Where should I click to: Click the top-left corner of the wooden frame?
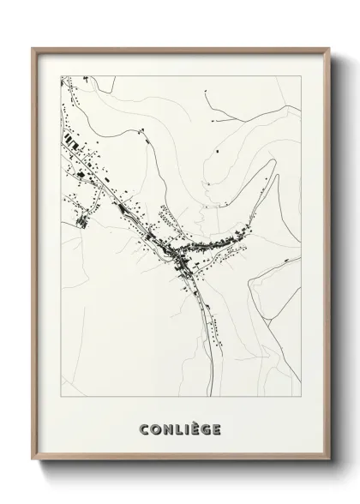(x=33, y=48)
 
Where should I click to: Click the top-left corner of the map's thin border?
(x=61, y=75)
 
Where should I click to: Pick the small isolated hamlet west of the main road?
(x=83, y=222)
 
